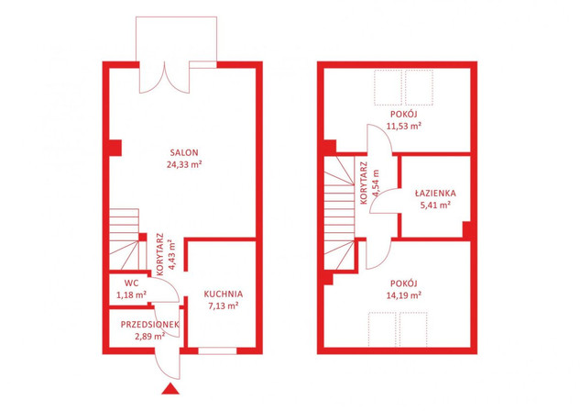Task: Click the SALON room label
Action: (184, 152)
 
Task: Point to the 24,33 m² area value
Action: (184, 164)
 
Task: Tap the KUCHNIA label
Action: (224, 294)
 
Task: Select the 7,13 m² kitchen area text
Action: (222, 306)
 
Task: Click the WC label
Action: (131, 283)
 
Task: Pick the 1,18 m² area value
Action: (131, 295)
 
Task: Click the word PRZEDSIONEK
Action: (149, 325)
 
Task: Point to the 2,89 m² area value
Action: (150, 336)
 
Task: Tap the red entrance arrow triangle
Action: (170, 388)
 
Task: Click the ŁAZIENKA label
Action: (435, 193)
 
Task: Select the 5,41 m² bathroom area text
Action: (435, 205)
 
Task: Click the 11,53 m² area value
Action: (404, 126)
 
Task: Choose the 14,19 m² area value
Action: (404, 295)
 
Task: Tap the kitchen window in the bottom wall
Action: (217, 350)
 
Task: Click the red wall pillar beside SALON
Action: (115, 148)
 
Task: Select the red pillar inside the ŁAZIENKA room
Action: (466, 229)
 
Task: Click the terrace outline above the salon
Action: (177, 17)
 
